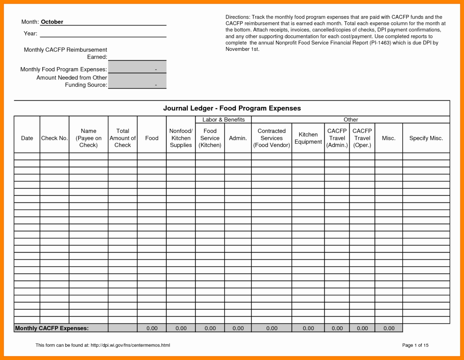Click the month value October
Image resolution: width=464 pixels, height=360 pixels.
pyautogui.click(x=52, y=22)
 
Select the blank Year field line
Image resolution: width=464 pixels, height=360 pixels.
pyautogui.click(x=103, y=34)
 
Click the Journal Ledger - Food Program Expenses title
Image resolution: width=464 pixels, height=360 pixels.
pyautogui.click(x=232, y=108)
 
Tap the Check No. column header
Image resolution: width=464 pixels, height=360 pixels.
pyautogui.click(x=54, y=138)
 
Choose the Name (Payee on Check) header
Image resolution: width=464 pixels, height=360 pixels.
pyautogui.click(x=88, y=138)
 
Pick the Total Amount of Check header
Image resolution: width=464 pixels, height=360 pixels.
pyautogui.click(x=123, y=138)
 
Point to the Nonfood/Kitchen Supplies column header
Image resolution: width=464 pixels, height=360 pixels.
pyautogui.click(x=181, y=138)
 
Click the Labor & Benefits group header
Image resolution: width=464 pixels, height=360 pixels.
pyautogui.click(x=223, y=120)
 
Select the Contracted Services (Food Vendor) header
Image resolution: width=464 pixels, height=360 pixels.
pyautogui.click(x=272, y=138)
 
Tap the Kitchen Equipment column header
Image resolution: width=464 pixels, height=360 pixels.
pyautogui.click(x=308, y=138)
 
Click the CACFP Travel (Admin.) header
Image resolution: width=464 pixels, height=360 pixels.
pyautogui.click(x=337, y=138)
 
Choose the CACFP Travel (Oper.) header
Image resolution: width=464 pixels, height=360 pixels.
pyautogui.click(x=362, y=138)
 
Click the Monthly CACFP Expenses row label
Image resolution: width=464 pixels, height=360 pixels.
pyautogui.click(x=52, y=328)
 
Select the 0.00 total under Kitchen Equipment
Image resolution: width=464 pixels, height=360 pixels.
pyautogui.click(x=308, y=328)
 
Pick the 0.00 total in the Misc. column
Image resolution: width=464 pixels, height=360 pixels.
pyautogui.click(x=389, y=328)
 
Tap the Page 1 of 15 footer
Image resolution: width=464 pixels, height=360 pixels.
pyautogui.click(x=415, y=345)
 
